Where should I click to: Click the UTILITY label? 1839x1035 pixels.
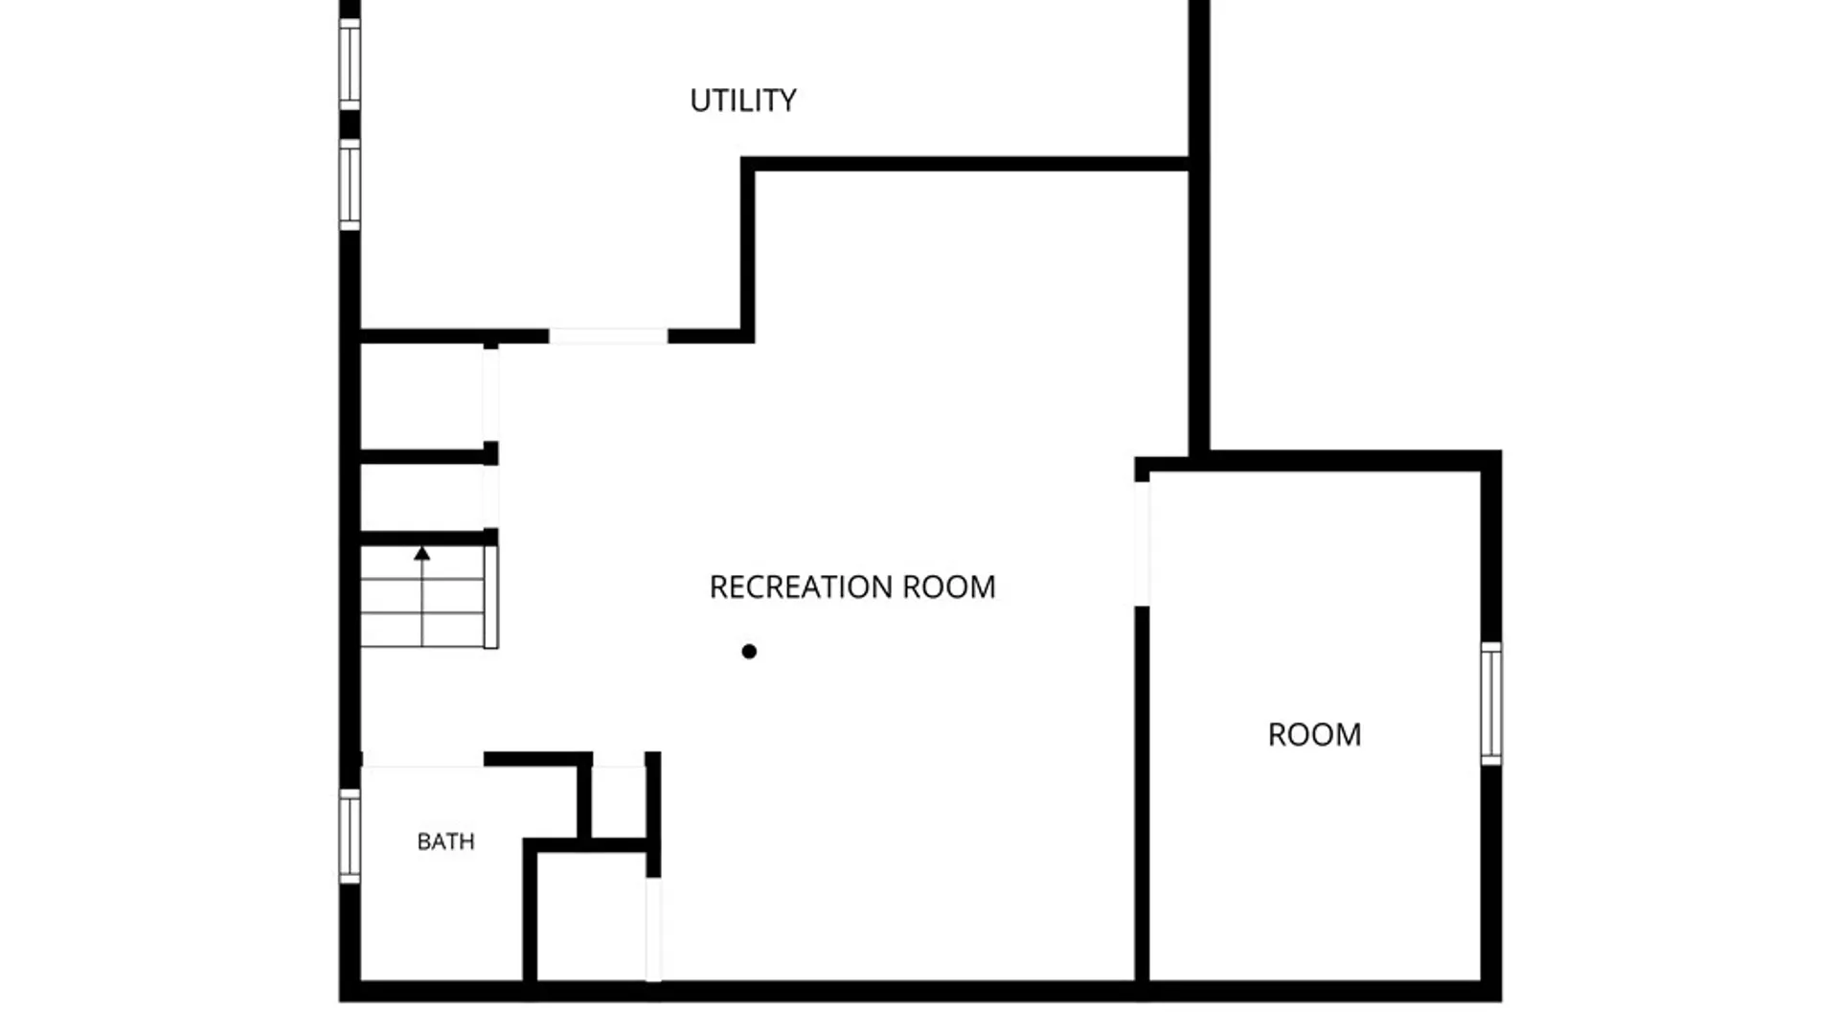[743, 101]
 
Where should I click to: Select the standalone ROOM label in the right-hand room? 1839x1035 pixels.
[1314, 735]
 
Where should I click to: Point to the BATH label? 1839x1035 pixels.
[445, 841]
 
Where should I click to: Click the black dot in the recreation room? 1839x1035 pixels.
[749, 652]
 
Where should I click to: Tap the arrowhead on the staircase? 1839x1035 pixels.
[421, 553]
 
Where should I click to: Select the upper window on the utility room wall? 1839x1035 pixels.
[350, 64]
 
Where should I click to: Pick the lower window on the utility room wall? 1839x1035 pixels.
[350, 185]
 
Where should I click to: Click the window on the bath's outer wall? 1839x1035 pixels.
[350, 836]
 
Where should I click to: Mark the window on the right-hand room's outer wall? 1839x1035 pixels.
[1491, 703]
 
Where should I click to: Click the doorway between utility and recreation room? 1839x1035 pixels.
[608, 336]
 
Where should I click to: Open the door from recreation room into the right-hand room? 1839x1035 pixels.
[1142, 543]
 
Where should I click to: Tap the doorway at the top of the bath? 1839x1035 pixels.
[422, 760]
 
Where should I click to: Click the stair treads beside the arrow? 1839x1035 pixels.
[422, 597]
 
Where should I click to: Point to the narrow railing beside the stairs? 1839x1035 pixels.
[491, 597]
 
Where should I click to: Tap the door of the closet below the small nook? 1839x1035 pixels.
[653, 929]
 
